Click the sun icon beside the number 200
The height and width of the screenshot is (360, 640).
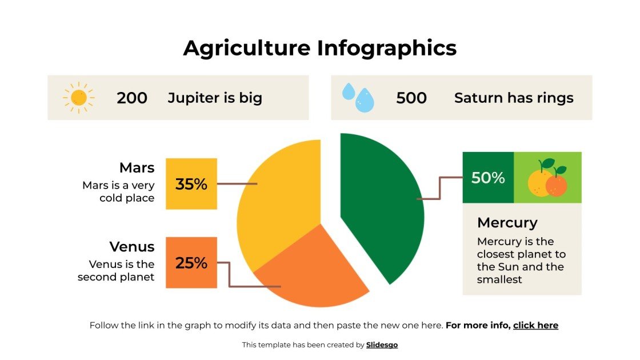point(79,98)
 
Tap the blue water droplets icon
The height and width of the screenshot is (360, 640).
point(358,98)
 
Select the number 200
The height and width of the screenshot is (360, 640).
point(132,98)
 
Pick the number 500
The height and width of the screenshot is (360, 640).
point(411,98)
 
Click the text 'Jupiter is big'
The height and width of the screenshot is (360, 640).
point(215,98)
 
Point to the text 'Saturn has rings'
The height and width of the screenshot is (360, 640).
point(514,98)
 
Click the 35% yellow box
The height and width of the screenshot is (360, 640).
point(191,184)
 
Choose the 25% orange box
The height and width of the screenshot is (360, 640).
point(191,263)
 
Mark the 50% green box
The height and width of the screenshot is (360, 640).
point(488,178)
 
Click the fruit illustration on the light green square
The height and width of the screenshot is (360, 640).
point(547,178)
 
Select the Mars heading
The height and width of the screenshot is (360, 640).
point(137,168)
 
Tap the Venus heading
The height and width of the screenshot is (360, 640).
point(132,247)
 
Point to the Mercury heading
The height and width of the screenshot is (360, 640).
point(507,222)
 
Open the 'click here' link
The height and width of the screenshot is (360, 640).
point(535,326)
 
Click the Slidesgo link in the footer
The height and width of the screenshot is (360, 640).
point(382,345)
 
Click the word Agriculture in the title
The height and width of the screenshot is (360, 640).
point(247,48)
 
